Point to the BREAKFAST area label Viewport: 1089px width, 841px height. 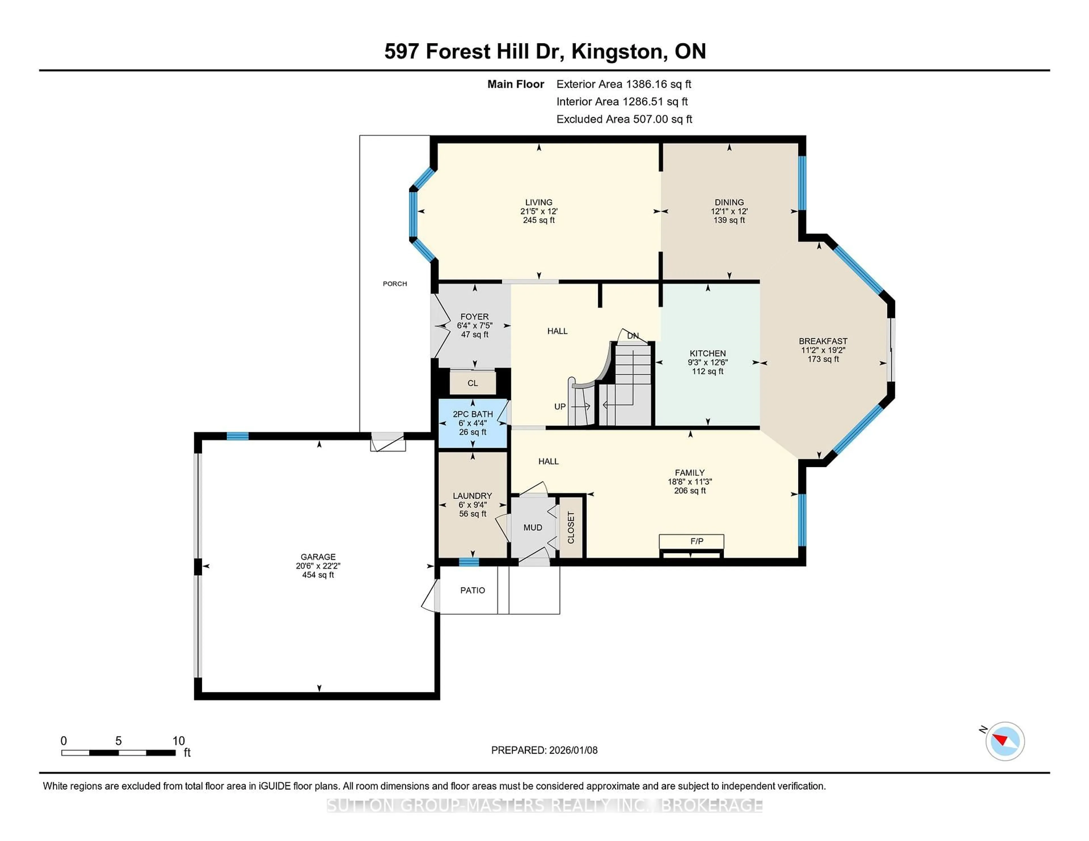823,341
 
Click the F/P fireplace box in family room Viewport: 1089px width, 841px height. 691,541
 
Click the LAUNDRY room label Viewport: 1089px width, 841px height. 472,496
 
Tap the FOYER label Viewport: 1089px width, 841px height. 474,317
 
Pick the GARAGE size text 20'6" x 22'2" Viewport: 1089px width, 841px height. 318,566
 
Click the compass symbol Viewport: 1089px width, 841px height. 1005,741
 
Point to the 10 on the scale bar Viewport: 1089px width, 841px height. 178,741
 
